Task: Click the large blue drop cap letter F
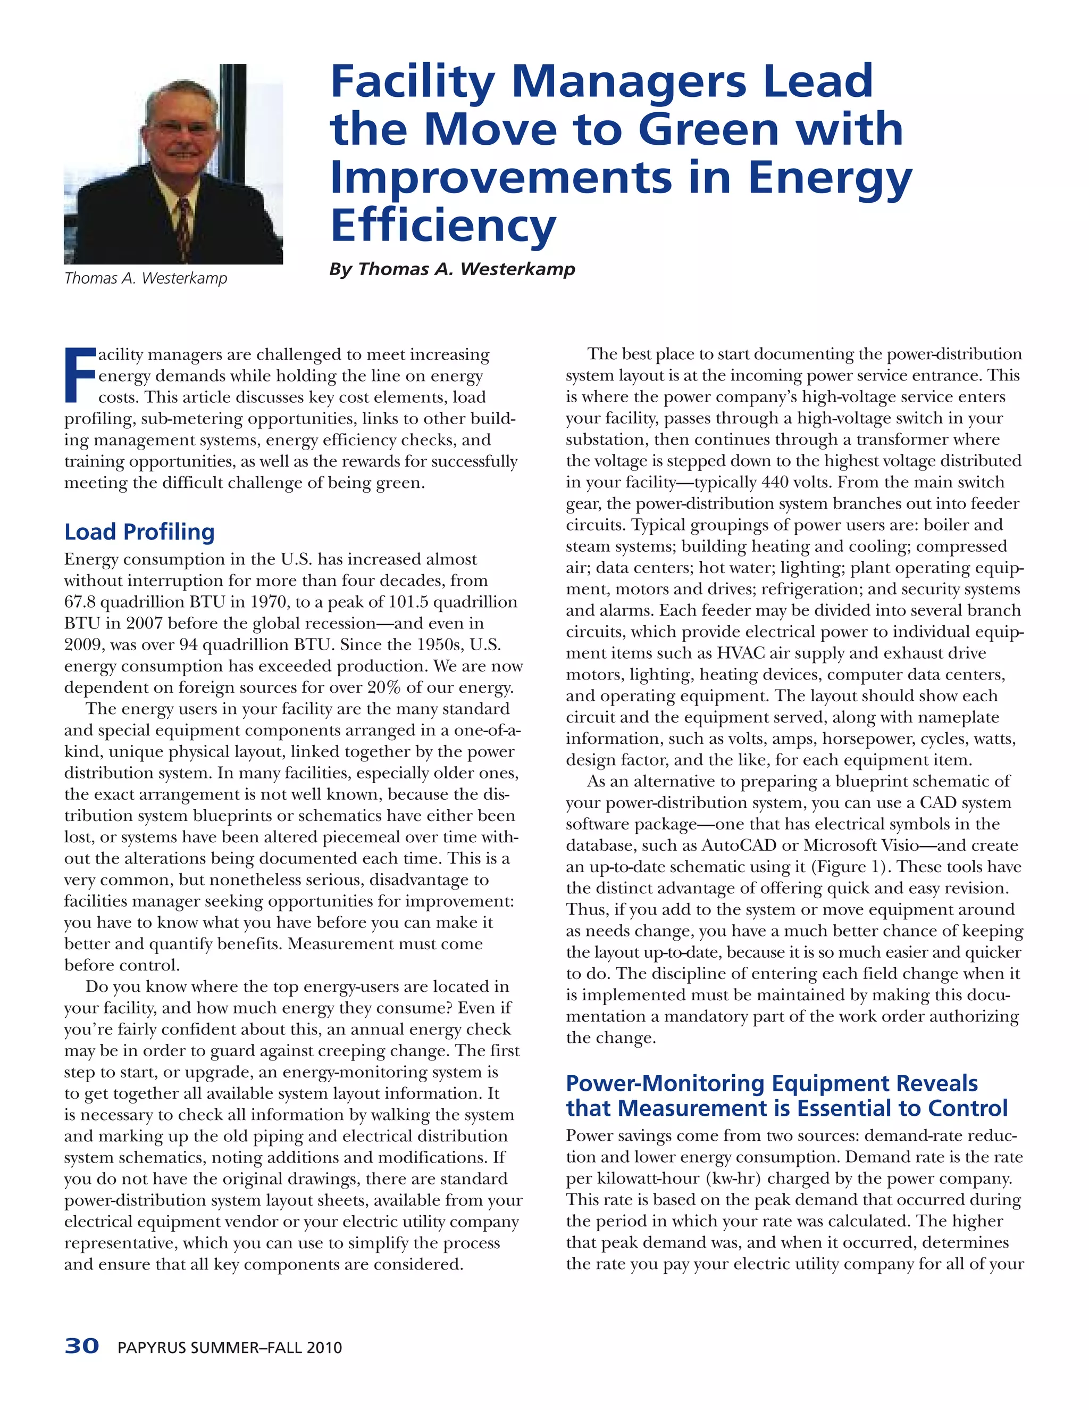79,375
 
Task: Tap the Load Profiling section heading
139,532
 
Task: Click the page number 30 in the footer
82,1347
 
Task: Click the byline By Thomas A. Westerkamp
451,269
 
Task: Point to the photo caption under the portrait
146,278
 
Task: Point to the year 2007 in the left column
143,623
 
